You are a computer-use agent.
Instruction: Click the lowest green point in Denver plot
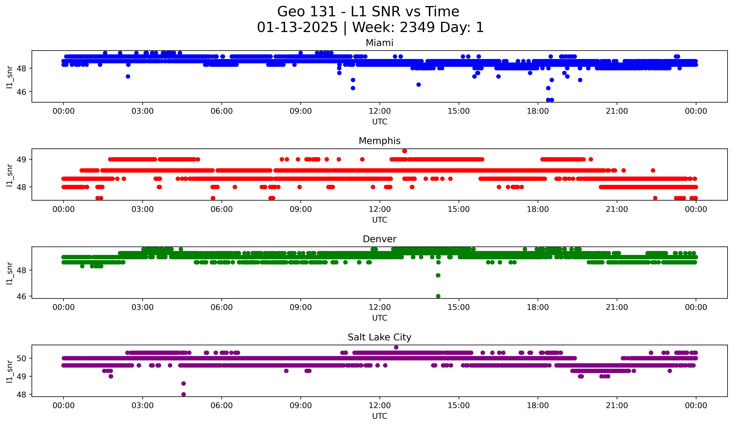438,296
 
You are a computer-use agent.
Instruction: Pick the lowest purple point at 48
184,394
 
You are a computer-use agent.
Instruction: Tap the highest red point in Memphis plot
404,151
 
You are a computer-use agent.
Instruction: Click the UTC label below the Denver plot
380,318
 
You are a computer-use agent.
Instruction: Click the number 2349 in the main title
417,27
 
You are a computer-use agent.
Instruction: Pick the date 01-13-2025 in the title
297,27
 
